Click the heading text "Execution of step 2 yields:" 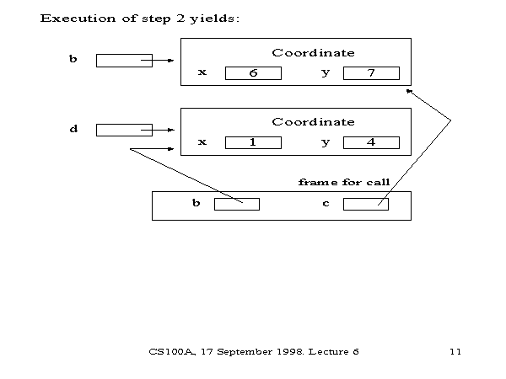pos(140,19)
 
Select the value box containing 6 pos(253,73)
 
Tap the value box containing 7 pos(371,73)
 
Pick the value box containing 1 pos(253,142)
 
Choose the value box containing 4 pos(371,142)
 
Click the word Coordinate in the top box pos(313,53)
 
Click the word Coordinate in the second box pos(313,122)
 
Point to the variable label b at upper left pos(73,60)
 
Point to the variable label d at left pos(73,129)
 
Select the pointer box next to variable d pos(123,130)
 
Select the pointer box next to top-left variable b pos(123,61)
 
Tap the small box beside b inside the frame pos(236,204)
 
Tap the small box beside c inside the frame pos(365,204)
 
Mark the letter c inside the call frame pos(326,204)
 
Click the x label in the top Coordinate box pos(202,72)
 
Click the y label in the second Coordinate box pos(326,142)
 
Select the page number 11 pos(455,350)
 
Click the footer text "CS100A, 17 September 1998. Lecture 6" pos(254,350)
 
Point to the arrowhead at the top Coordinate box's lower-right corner pos(409,90)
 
